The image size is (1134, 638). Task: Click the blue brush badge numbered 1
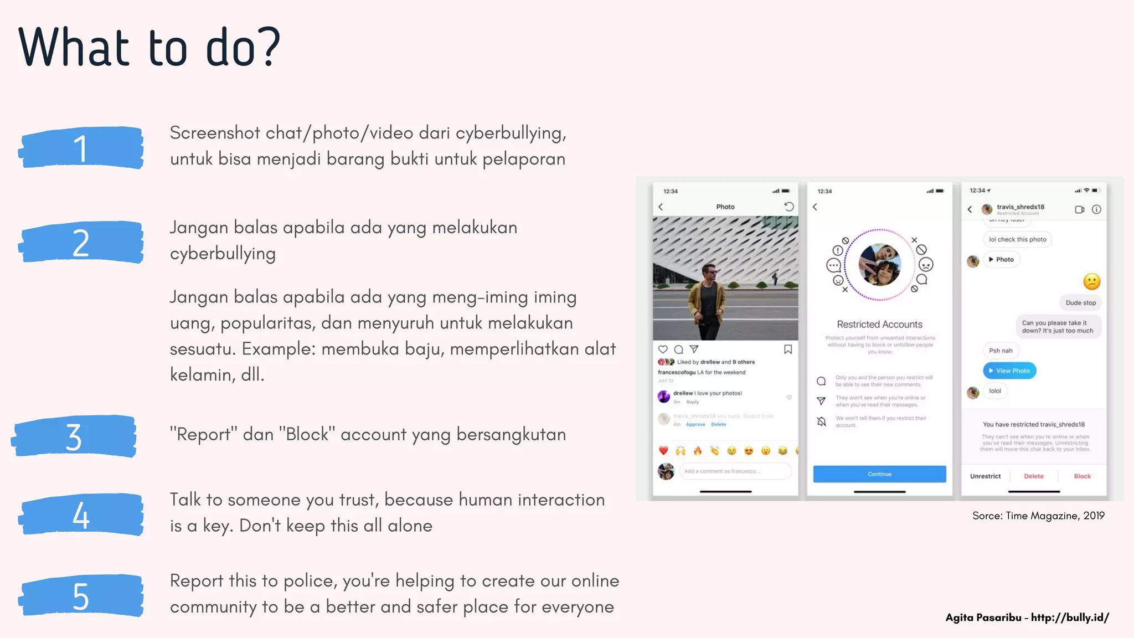point(81,148)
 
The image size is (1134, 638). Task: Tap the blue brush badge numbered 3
point(74,436)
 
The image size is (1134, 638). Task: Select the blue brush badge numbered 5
point(81,596)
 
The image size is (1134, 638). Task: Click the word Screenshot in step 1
point(215,133)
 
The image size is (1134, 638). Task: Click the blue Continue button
point(879,474)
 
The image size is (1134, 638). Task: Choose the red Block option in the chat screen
point(1082,476)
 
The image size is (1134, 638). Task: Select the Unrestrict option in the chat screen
point(985,476)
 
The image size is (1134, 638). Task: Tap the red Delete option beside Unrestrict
point(1033,476)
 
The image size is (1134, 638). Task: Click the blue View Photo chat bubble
point(1009,371)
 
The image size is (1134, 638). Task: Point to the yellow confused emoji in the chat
point(1091,281)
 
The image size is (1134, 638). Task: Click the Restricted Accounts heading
point(879,325)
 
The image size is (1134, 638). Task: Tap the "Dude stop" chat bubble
point(1080,303)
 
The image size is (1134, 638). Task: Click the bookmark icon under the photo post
point(787,349)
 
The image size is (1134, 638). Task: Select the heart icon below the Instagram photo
point(663,349)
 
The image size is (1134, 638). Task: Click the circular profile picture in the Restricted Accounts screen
point(879,265)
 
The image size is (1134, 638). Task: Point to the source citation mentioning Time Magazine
point(1038,516)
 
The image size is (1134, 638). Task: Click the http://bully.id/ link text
point(1070,618)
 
